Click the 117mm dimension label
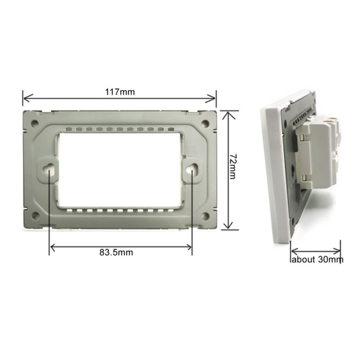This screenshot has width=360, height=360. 120,92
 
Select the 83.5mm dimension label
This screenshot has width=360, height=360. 116,252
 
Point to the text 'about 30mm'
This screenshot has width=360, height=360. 317,260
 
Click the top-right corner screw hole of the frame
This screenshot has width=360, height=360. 205,122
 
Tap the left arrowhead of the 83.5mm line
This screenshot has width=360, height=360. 52,246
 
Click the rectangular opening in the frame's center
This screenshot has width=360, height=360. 120,169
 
